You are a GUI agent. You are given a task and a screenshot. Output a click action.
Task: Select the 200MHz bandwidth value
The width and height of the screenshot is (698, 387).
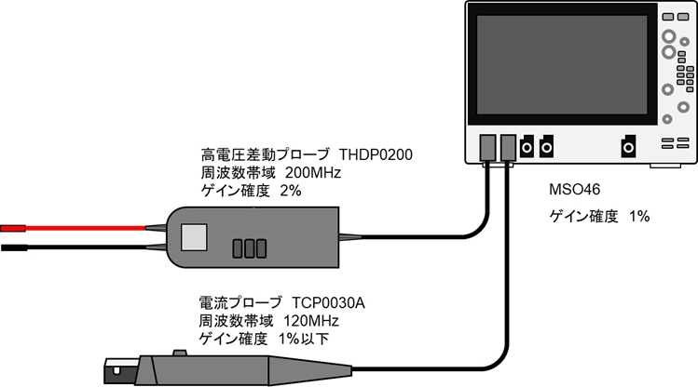tap(297, 172)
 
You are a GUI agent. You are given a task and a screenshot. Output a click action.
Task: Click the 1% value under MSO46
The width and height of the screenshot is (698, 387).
tap(638, 217)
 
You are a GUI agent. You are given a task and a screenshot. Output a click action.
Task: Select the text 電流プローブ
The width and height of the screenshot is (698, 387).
tap(238, 303)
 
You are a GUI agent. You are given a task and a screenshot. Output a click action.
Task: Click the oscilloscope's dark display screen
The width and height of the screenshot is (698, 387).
tap(558, 66)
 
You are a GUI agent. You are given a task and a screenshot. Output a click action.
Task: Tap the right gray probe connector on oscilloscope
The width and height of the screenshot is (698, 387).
tap(507, 146)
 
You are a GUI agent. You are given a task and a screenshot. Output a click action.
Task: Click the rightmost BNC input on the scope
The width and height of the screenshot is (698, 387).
tap(630, 146)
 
